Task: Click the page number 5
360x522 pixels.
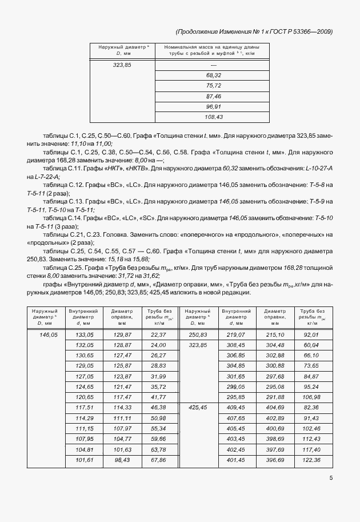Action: [x=331, y=480]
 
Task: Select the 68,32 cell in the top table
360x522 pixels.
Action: [x=213, y=75]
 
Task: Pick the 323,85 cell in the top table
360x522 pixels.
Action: [x=123, y=65]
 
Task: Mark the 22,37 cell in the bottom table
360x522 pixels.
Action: [x=158, y=334]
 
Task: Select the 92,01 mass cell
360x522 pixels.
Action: [x=311, y=334]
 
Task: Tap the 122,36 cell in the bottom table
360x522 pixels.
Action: [x=311, y=460]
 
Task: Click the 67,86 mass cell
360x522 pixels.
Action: [x=158, y=460]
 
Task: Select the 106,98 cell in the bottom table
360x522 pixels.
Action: [x=311, y=397]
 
